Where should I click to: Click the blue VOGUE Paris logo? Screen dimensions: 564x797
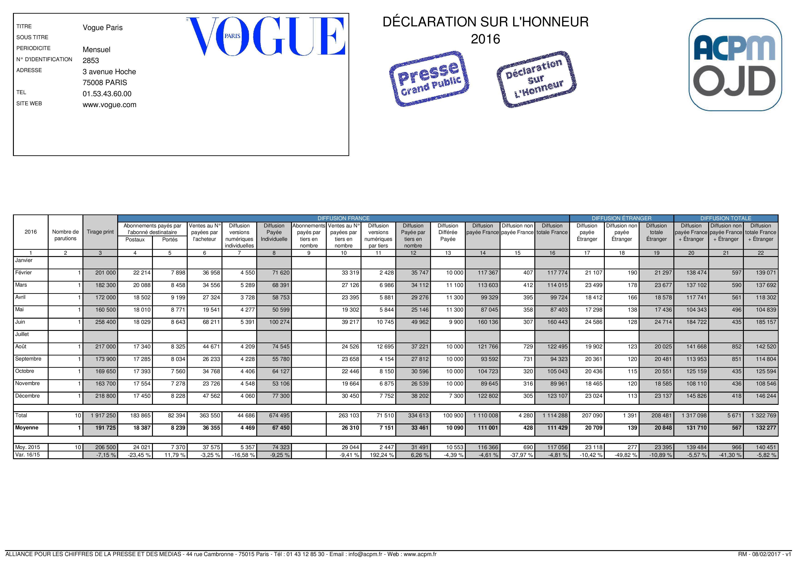(x=266, y=36)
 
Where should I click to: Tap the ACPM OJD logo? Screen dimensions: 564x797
(x=735, y=65)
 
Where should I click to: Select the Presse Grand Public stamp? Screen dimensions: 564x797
(x=429, y=79)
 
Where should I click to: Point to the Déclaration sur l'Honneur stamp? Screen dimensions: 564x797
(x=536, y=79)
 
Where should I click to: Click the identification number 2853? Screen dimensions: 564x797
(x=91, y=60)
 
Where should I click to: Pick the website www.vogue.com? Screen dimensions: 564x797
(x=109, y=105)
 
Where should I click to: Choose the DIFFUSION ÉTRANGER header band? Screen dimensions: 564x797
(x=621, y=218)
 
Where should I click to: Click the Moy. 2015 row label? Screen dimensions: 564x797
(x=27, y=447)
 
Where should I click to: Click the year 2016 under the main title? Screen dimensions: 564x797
(x=485, y=39)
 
